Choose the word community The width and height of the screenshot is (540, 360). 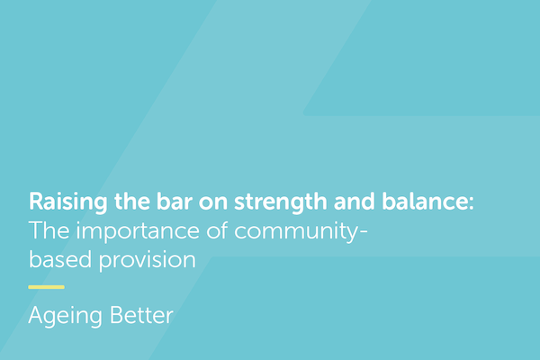(x=291, y=230)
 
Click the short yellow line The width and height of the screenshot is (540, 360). (x=46, y=287)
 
